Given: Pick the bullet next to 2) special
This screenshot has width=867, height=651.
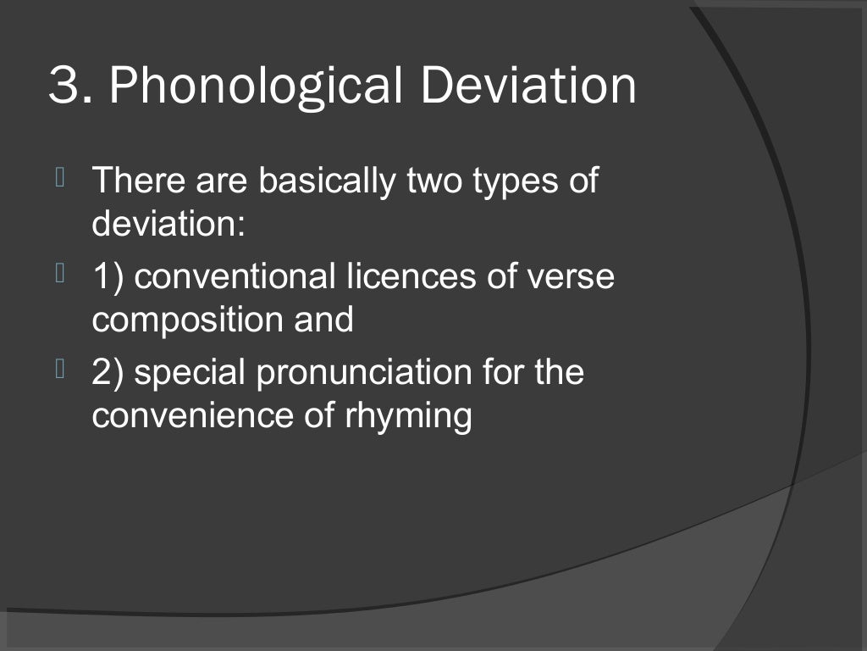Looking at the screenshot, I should (x=60, y=369).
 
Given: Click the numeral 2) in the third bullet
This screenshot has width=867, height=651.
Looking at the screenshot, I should (x=108, y=374).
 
